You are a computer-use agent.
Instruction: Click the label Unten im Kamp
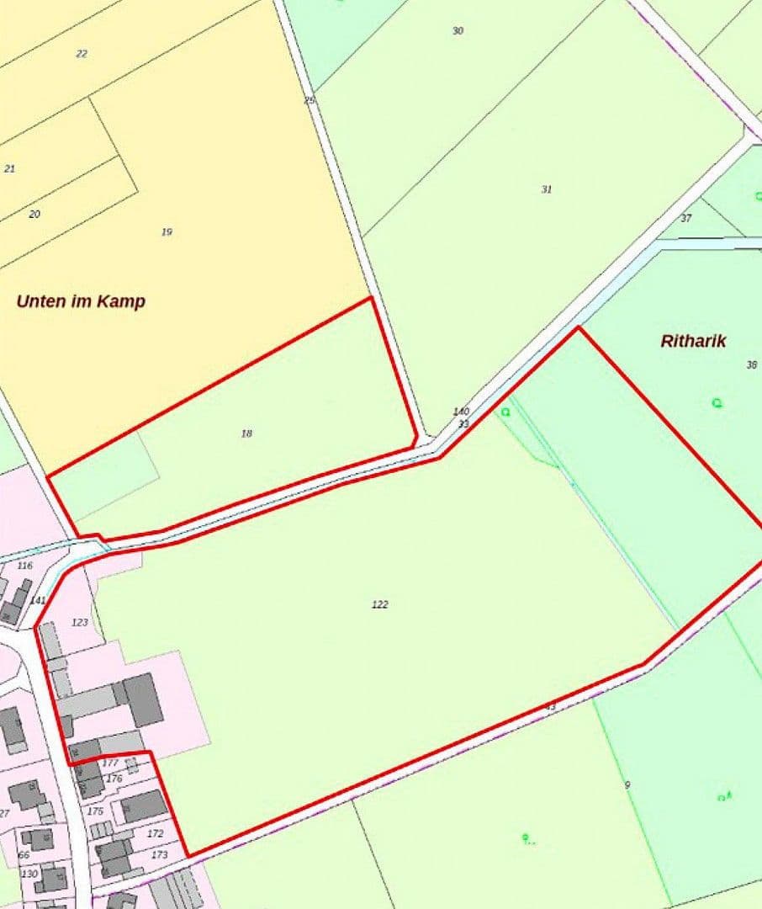click(81, 301)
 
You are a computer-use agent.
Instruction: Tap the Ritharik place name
click(693, 342)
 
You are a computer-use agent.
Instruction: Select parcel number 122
click(380, 604)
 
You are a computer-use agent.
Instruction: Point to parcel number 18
click(246, 433)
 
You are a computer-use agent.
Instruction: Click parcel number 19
click(167, 231)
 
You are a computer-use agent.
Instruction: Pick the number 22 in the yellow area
click(82, 54)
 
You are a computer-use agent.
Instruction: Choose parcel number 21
click(10, 168)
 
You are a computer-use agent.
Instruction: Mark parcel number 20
click(34, 214)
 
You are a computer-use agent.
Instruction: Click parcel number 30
click(458, 31)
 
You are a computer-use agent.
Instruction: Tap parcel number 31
click(547, 189)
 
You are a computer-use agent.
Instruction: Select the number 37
click(686, 218)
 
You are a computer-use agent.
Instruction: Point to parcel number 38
click(751, 364)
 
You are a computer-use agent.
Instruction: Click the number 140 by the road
click(461, 412)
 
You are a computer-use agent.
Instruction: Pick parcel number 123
click(80, 622)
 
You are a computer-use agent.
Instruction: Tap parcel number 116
click(24, 566)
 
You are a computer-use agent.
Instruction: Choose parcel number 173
click(160, 854)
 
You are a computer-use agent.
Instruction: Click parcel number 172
click(156, 833)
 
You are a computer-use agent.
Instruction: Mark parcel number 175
click(95, 811)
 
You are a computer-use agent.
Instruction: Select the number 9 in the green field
click(627, 784)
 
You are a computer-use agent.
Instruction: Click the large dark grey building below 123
click(145, 699)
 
